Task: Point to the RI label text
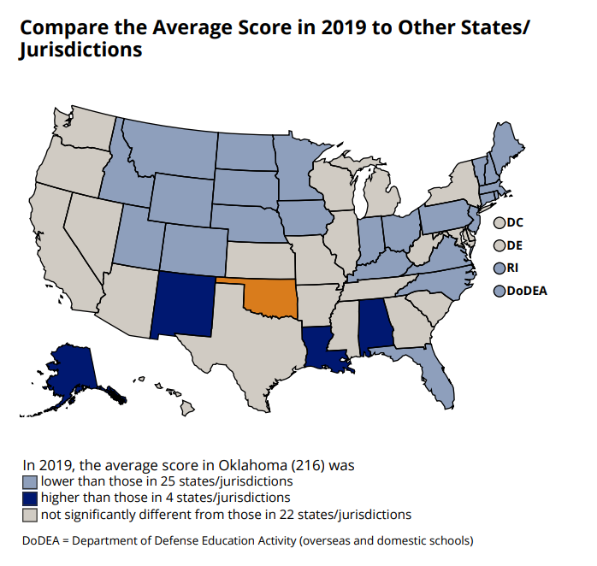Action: point(512,268)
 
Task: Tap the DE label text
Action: point(514,245)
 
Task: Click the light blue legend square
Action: point(30,482)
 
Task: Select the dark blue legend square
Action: point(30,498)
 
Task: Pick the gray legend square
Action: point(30,515)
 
